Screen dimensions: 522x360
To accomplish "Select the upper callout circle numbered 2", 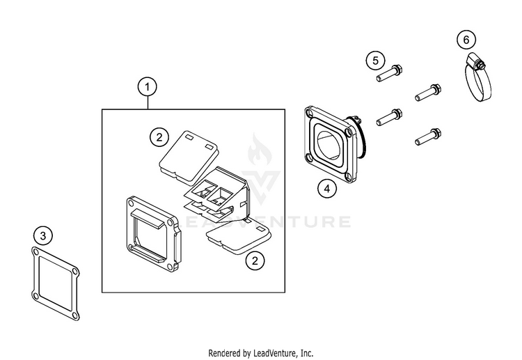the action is (x=159, y=136).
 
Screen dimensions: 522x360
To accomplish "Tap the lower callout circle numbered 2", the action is (x=257, y=260).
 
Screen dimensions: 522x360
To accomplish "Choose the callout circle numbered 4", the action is (x=325, y=187).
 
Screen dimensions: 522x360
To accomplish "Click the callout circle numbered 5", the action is (x=375, y=60).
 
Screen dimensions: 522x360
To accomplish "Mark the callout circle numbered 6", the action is (x=466, y=40).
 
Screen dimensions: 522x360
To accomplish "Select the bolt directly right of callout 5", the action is (x=390, y=72).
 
